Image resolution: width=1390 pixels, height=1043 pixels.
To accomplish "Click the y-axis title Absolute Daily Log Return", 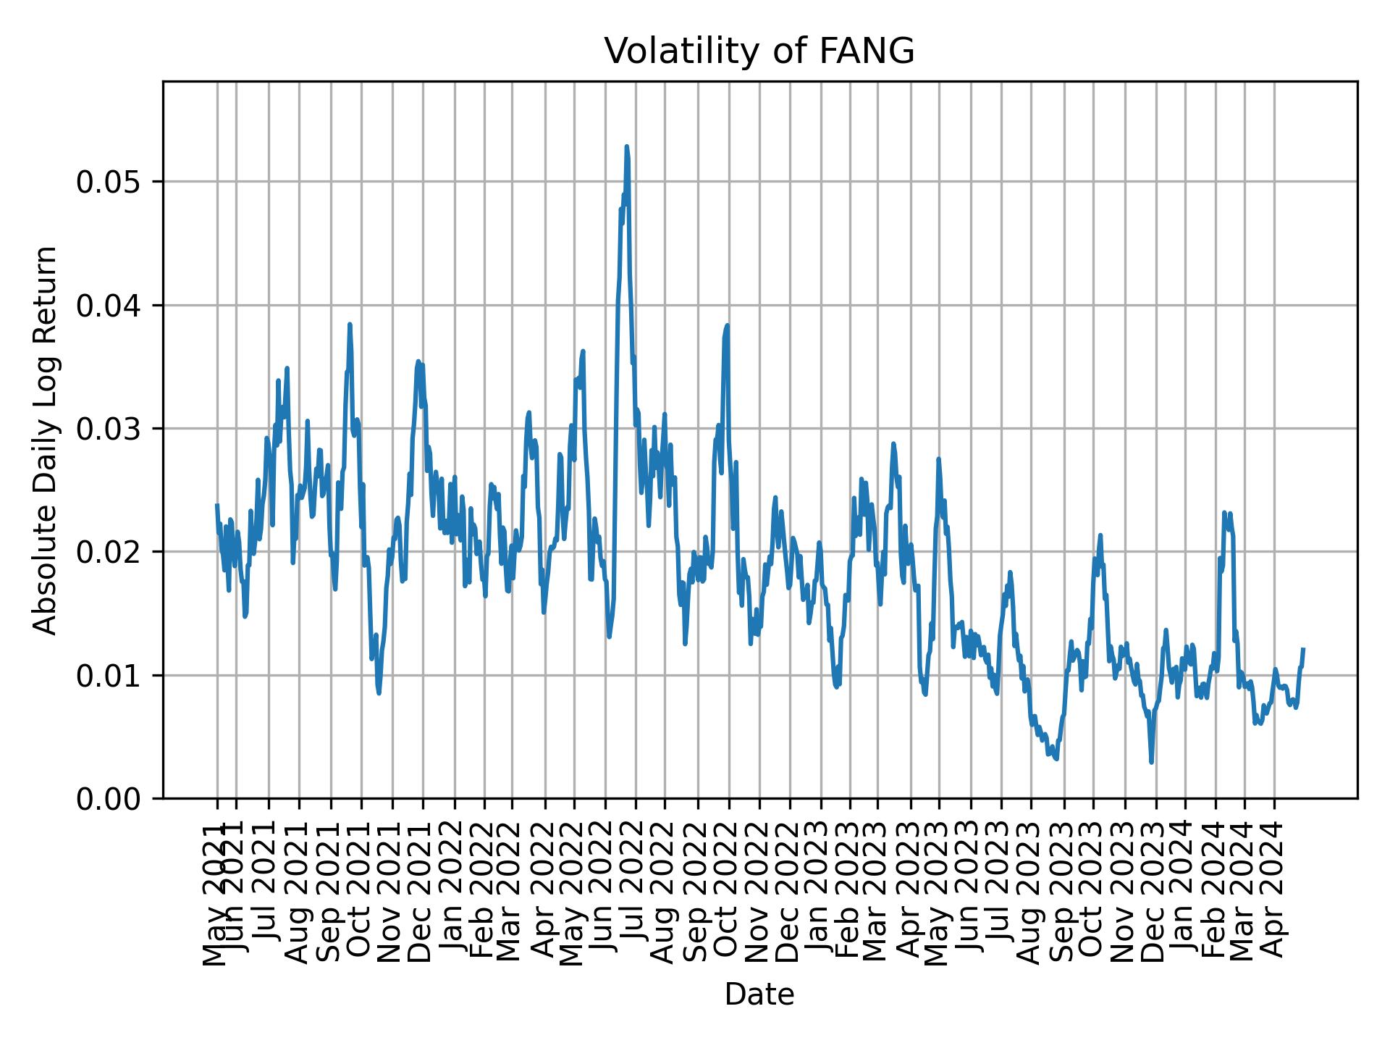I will tap(46, 440).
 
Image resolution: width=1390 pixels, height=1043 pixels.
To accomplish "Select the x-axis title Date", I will tap(759, 994).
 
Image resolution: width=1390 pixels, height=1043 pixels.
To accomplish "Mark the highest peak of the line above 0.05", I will tap(626, 147).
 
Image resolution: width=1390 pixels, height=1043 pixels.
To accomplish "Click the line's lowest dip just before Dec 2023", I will tap(1151, 762).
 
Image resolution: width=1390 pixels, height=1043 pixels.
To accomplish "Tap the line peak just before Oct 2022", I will tap(727, 326).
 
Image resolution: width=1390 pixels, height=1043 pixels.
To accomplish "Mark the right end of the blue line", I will tap(1303, 649).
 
